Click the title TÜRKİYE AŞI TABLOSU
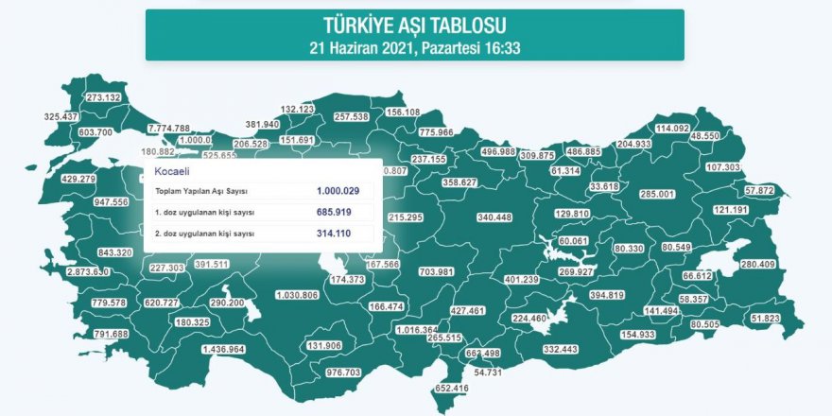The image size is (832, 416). coord(414,25)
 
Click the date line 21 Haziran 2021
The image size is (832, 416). coord(414,44)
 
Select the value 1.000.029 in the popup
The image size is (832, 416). coord(338,190)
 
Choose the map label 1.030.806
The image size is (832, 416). coord(296,295)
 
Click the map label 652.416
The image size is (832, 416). coord(450,389)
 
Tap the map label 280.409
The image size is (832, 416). coord(757,265)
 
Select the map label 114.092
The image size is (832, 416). coord(673,129)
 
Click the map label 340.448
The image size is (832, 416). coord(494,217)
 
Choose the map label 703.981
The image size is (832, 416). coord(436,272)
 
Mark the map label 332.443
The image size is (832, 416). coord(561,350)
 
